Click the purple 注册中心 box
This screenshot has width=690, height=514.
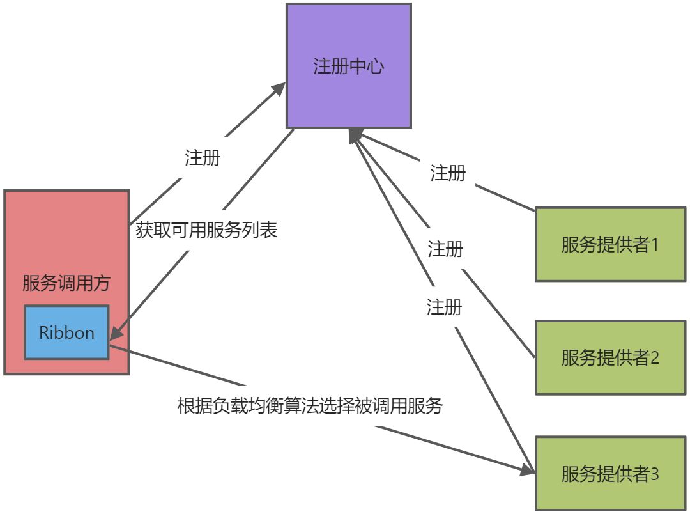click(348, 65)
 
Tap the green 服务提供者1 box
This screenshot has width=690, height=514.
click(610, 244)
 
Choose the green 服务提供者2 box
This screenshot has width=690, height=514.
click(610, 357)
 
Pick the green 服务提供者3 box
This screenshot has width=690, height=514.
click(610, 474)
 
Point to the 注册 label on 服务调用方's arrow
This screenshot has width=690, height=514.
click(203, 158)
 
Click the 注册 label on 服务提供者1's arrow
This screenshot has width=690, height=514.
click(448, 173)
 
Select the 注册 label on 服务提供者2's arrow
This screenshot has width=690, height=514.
click(445, 249)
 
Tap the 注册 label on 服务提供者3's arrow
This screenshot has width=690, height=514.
click(444, 308)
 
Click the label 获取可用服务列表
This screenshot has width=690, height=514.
click(207, 231)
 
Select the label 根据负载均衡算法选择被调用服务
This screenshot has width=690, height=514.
click(310, 406)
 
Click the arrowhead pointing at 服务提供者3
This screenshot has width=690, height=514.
click(528, 470)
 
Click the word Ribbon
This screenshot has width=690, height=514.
click(66, 333)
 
